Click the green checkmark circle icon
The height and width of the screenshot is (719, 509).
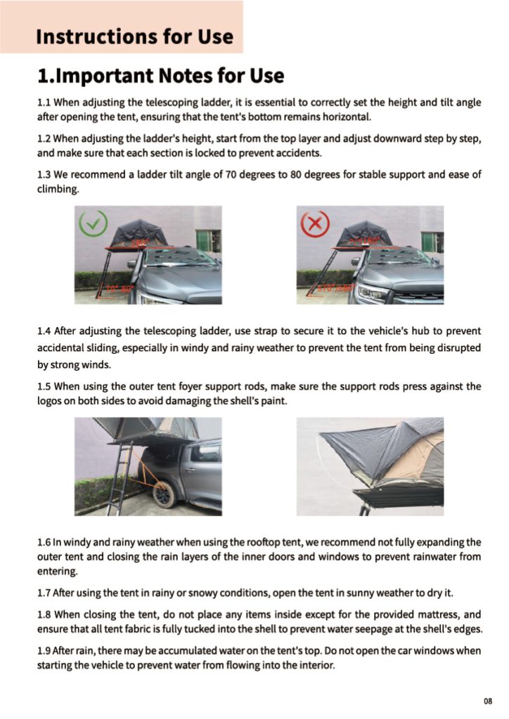(93, 225)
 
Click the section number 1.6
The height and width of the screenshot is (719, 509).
(44, 542)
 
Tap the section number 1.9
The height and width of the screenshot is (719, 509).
(44, 651)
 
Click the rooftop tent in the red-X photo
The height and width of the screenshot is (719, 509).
(364, 234)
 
